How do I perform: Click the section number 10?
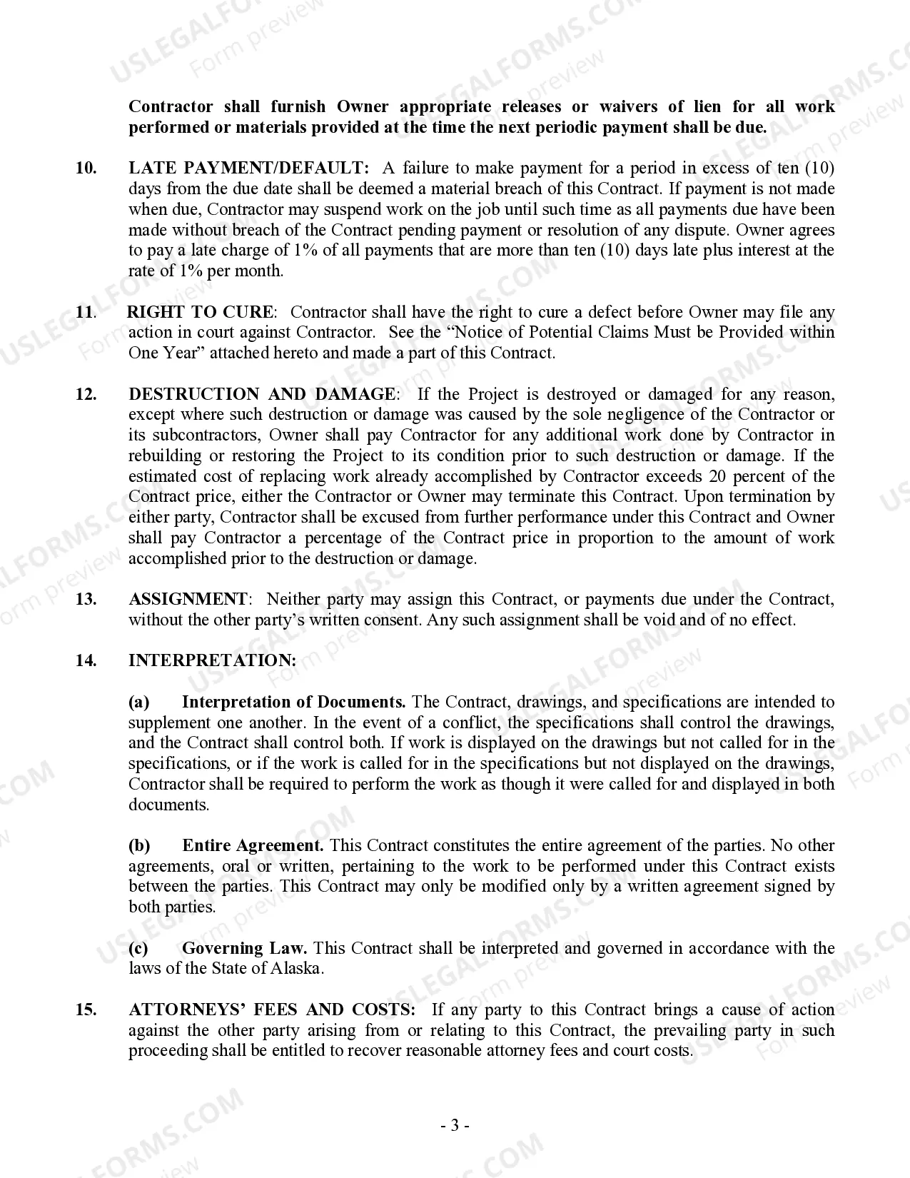click(86, 168)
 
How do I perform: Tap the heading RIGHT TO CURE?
click(199, 312)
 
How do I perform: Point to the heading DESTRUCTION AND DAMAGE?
click(261, 394)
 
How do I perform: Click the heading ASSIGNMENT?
click(188, 599)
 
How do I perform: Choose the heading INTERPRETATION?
click(212, 660)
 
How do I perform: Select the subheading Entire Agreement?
click(253, 845)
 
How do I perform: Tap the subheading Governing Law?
click(245, 948)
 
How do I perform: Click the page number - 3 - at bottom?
click(455, 1126)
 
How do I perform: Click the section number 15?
click(86, 1010)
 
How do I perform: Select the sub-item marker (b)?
click(139, 845)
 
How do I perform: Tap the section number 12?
click(86, 394)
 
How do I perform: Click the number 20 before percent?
click(719, 476)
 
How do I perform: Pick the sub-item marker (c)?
click(138, 948)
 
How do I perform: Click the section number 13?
click(86, 599)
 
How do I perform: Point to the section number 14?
click(86, 660)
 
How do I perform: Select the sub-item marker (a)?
click(139, 702)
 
